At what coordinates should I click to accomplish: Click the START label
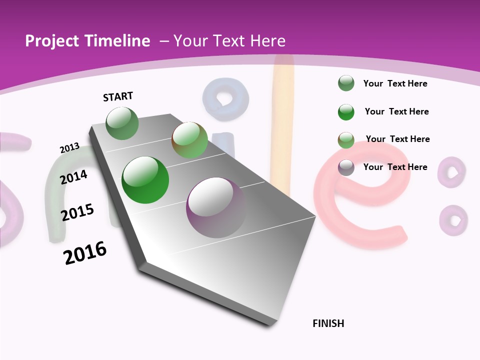pos(118,96)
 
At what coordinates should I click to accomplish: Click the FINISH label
pos(328,323)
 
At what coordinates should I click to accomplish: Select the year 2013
pos(69,147)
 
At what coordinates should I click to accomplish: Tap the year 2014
pos(73,177)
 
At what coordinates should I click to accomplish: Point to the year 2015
pos(77,212)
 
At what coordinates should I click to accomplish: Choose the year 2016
pos(85,253)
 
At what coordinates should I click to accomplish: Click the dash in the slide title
pos(164,41)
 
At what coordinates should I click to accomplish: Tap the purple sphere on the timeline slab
pos(216,207)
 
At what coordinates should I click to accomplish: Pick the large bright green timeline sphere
pos(145,180)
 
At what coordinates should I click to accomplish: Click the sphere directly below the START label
pos(122,123)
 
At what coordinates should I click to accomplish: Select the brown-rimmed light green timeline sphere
pos(189,140)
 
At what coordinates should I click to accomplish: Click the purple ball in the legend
pos(346,167)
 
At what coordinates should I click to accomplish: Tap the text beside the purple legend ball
pos(395,167)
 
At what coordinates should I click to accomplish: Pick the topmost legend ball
pos(346,83)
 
